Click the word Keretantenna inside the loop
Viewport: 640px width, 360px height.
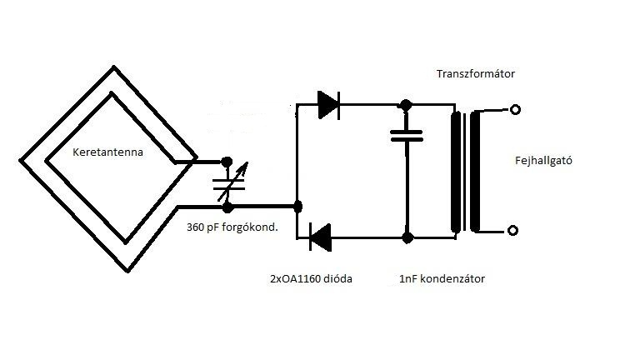click(107, 152)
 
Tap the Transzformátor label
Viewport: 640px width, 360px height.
click(476, 74)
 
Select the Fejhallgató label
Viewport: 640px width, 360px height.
click(543, 160)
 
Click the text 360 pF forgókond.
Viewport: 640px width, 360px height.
click(232, 227)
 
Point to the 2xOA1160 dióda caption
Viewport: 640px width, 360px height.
click(311, 279)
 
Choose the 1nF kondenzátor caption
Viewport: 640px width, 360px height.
click(442, 279)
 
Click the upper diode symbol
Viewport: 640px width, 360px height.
click(328, 105)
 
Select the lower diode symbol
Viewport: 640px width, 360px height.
click(320, 237)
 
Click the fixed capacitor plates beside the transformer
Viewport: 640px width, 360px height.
click(407, 136)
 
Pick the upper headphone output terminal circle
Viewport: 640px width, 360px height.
click(516, 109)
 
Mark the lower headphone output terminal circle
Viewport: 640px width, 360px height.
click(513, 231)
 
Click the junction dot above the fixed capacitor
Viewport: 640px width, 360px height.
click(405, 106)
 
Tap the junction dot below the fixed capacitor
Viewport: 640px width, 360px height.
click(407, 237)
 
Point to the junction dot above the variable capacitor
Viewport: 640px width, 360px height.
click(227, 162)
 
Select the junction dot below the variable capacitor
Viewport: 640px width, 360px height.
click(227, 207)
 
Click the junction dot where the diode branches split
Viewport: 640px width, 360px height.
click(298, 207)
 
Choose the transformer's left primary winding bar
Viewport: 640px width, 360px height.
click(455, 172)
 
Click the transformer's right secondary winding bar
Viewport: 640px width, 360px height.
click(475, 172)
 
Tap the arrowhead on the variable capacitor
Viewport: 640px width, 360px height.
click(243, 167)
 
